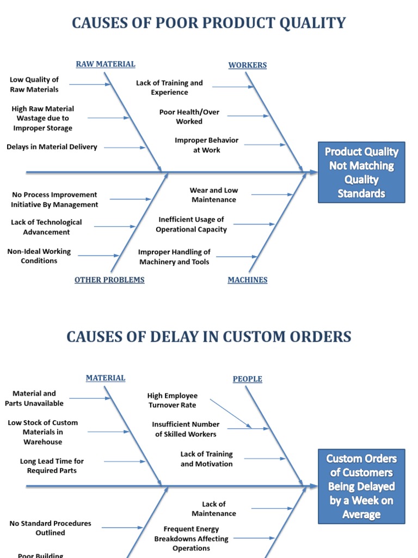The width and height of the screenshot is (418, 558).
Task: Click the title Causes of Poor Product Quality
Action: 209,23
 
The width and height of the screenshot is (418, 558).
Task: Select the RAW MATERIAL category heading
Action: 106,64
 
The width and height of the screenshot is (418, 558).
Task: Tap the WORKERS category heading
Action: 248,65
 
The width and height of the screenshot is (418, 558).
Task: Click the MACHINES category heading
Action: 248,280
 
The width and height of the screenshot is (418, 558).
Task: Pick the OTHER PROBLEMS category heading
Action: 109,280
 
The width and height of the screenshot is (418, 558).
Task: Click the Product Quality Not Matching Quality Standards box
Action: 361,173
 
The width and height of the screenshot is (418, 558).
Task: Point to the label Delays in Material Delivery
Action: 52,147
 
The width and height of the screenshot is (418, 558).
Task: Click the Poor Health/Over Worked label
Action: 189,117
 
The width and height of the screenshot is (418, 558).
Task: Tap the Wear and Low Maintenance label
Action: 214,195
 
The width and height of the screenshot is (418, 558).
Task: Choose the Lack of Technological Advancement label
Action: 46,227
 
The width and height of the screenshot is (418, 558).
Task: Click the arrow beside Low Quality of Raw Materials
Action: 90,84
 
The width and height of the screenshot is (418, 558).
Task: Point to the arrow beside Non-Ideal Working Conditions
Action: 98,256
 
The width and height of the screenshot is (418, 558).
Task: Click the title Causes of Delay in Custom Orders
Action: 209,337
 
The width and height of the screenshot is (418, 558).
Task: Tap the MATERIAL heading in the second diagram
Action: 106,378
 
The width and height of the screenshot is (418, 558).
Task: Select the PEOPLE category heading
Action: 248,379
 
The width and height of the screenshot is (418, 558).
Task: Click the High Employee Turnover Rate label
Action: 173,401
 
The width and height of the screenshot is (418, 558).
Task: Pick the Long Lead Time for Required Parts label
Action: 52,466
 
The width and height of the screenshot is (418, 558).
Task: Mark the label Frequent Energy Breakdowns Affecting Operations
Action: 192,538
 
